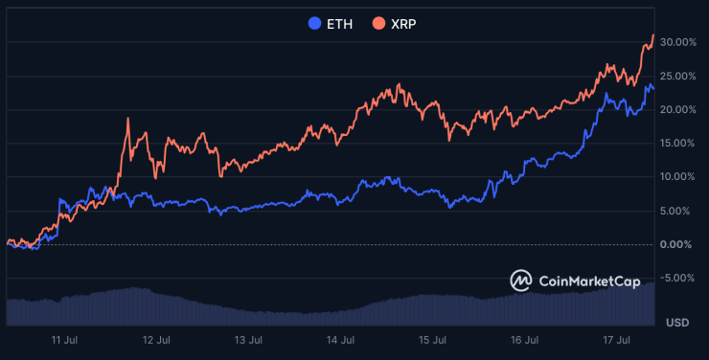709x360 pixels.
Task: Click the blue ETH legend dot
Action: pyautogui.click(x=313, y=23)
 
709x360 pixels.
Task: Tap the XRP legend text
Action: pyautogui.click(x=403, y=23)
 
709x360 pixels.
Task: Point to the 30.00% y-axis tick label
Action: pyautogui.click(x=678, y=42)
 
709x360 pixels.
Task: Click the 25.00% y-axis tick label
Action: pyautogui.click(x=678, y=76)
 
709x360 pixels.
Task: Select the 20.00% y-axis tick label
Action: pyautogui.click(x=678, y=109)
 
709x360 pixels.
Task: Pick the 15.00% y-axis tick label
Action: pyautogui.click(x=678, y=144)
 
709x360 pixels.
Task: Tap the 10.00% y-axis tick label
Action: pyautogui.click(x=678, y=177)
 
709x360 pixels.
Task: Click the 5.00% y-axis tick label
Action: pyautogui.click(x=681, y=211)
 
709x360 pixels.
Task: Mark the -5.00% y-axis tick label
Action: pyautogui.click(x=679, y=278)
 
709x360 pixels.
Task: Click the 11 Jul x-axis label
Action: pyautogui.click(x=64, y=340)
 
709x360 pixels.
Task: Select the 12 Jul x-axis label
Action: pyautogui.click(x=156, y=340)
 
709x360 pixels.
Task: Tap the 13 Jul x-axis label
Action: pyautogui.click(x=249, y=340)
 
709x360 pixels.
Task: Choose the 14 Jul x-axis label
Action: pyautogui.click(x=341, y=340)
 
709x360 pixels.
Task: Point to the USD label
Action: pyautogui.click(x=677, y=321)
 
